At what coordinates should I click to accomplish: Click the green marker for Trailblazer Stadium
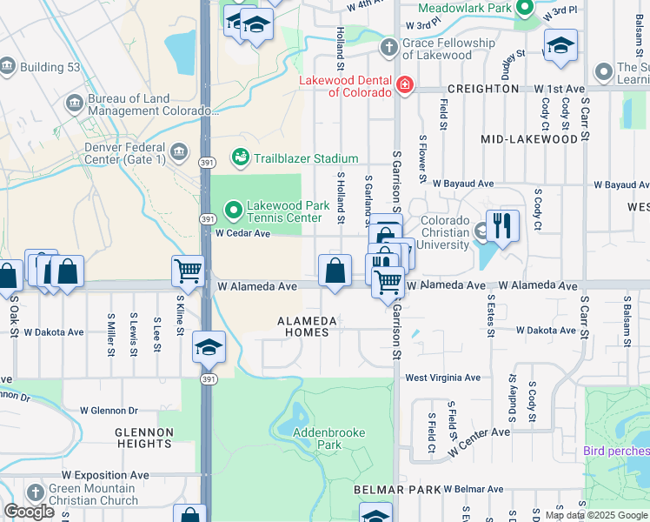[240, 157]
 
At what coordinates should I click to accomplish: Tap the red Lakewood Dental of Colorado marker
[404, 85]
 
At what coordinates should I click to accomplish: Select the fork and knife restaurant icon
[502, 226]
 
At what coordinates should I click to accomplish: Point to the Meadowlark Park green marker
[525, 9]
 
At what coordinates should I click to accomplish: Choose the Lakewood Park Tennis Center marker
[233, 210]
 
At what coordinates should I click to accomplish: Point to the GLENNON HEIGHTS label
[143, 438]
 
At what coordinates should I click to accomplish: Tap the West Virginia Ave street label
[442, 378]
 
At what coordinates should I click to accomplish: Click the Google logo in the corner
[29, 511]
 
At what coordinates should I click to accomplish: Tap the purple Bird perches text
[616, 451]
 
